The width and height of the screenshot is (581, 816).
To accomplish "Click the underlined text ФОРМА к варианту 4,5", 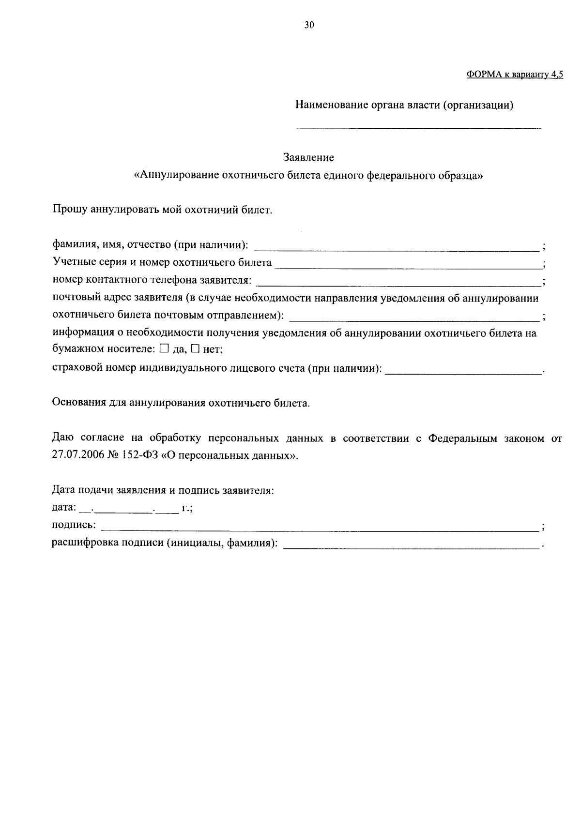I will click(515, 75).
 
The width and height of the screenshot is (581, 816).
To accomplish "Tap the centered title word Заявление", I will click(308, 157).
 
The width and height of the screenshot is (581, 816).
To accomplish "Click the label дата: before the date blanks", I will click(64, 508).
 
